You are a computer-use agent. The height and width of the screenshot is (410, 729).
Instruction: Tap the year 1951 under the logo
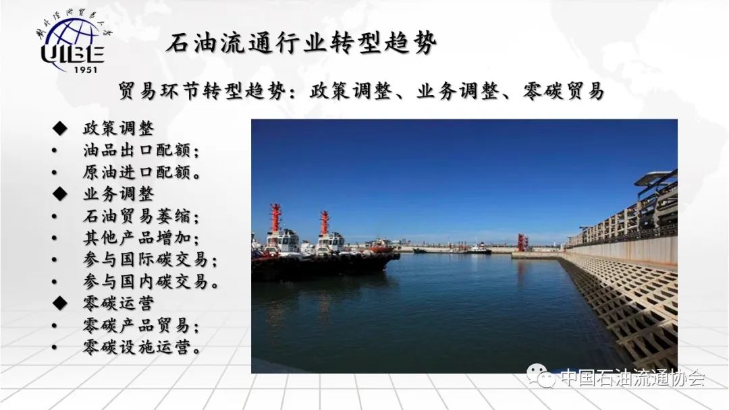[x=86, y=69]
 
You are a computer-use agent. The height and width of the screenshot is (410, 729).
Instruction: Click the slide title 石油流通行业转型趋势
[x=302, y=44]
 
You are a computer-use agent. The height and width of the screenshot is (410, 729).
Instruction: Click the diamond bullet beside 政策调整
[x=60, y=128]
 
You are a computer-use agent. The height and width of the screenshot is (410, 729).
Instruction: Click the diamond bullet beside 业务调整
[x=60, y=194]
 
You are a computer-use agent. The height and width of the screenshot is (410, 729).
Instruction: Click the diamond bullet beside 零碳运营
[x=60, y=303]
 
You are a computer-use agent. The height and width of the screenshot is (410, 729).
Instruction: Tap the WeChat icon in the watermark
[x=541, y=376]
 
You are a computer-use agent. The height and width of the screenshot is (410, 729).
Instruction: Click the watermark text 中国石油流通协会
[x=632, y=378]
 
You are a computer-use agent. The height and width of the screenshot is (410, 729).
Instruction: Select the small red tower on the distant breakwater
[x=522, y=242]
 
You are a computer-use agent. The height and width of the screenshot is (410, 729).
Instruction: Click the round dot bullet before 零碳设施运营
[x=55, y=347]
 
